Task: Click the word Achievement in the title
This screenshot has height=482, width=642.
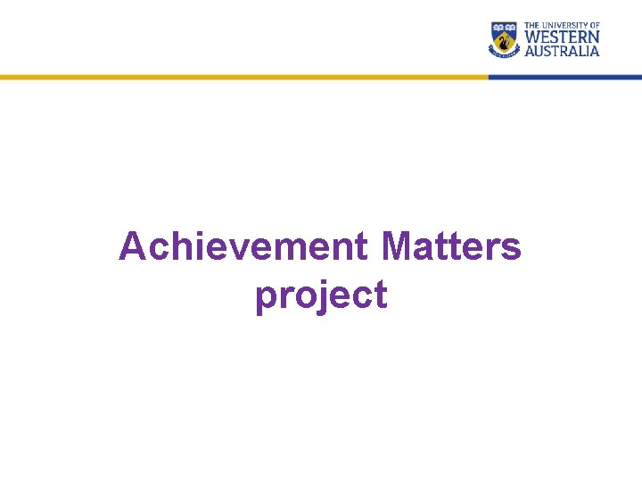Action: pos(243,246)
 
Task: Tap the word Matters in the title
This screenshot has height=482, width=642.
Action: pos(450,246)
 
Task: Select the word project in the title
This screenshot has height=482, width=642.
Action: pos(321,295)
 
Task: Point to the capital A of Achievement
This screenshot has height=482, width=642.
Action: pos(132,246)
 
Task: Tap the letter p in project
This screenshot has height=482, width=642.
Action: pos(266,297)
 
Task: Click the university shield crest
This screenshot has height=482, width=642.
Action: pos(504,38)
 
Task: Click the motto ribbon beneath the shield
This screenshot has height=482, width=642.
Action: pos(504,54)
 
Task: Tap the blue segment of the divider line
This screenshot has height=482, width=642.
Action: pos(565,77)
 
